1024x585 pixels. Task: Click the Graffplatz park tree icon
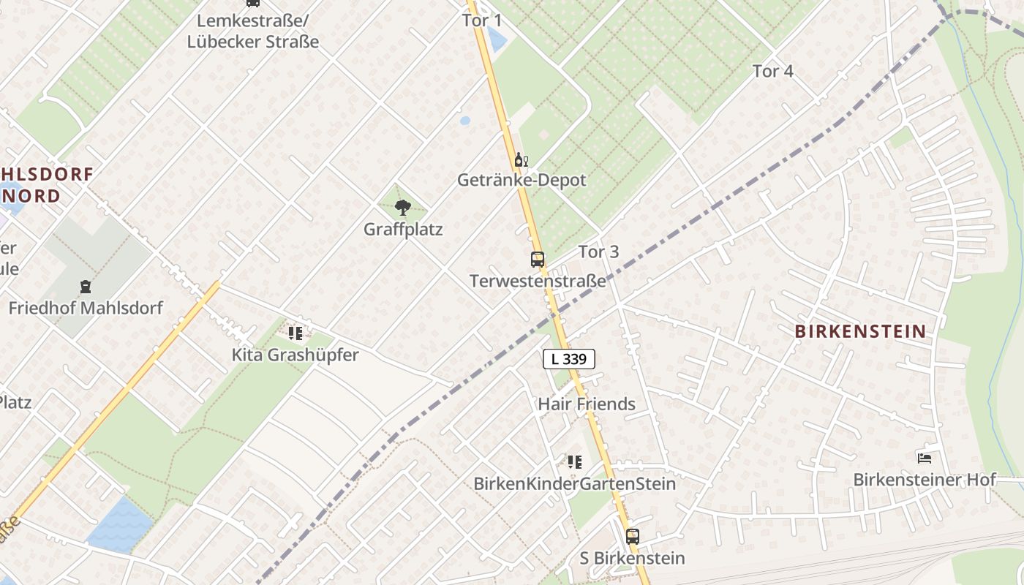click(x=402, y=208)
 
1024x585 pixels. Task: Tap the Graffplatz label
click(x=403, y=230)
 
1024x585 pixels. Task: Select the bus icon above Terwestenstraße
click(x=538, y=259)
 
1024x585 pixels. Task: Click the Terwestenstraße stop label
click(x=538, y=281)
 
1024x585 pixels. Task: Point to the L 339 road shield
click(x=568, y=359)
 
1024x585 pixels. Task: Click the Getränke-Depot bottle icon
click(x=520, y=159)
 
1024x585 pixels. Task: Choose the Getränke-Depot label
click(x=522, y=180)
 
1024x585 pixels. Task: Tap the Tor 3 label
click(x=598, y=252)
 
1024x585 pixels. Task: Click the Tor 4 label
click(x=772, y=71)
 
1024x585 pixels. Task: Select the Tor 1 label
click(x=482, y=20)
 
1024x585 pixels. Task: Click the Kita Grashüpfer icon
click(x=295, y=333)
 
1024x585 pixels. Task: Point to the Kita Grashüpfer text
click(x=295, y=355)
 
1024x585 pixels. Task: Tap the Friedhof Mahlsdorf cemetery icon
click(x=86, y=286)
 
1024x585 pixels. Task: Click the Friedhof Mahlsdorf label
click(x=86, y=308)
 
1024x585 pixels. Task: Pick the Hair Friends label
click(x=587, y=404)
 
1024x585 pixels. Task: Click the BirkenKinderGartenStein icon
click(x=575, y=461)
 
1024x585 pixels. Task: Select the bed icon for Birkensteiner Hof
click(x=925, y=458)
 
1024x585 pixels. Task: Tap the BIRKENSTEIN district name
click(x=860, y=331)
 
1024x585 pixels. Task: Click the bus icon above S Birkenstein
click(x=633, y=536)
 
